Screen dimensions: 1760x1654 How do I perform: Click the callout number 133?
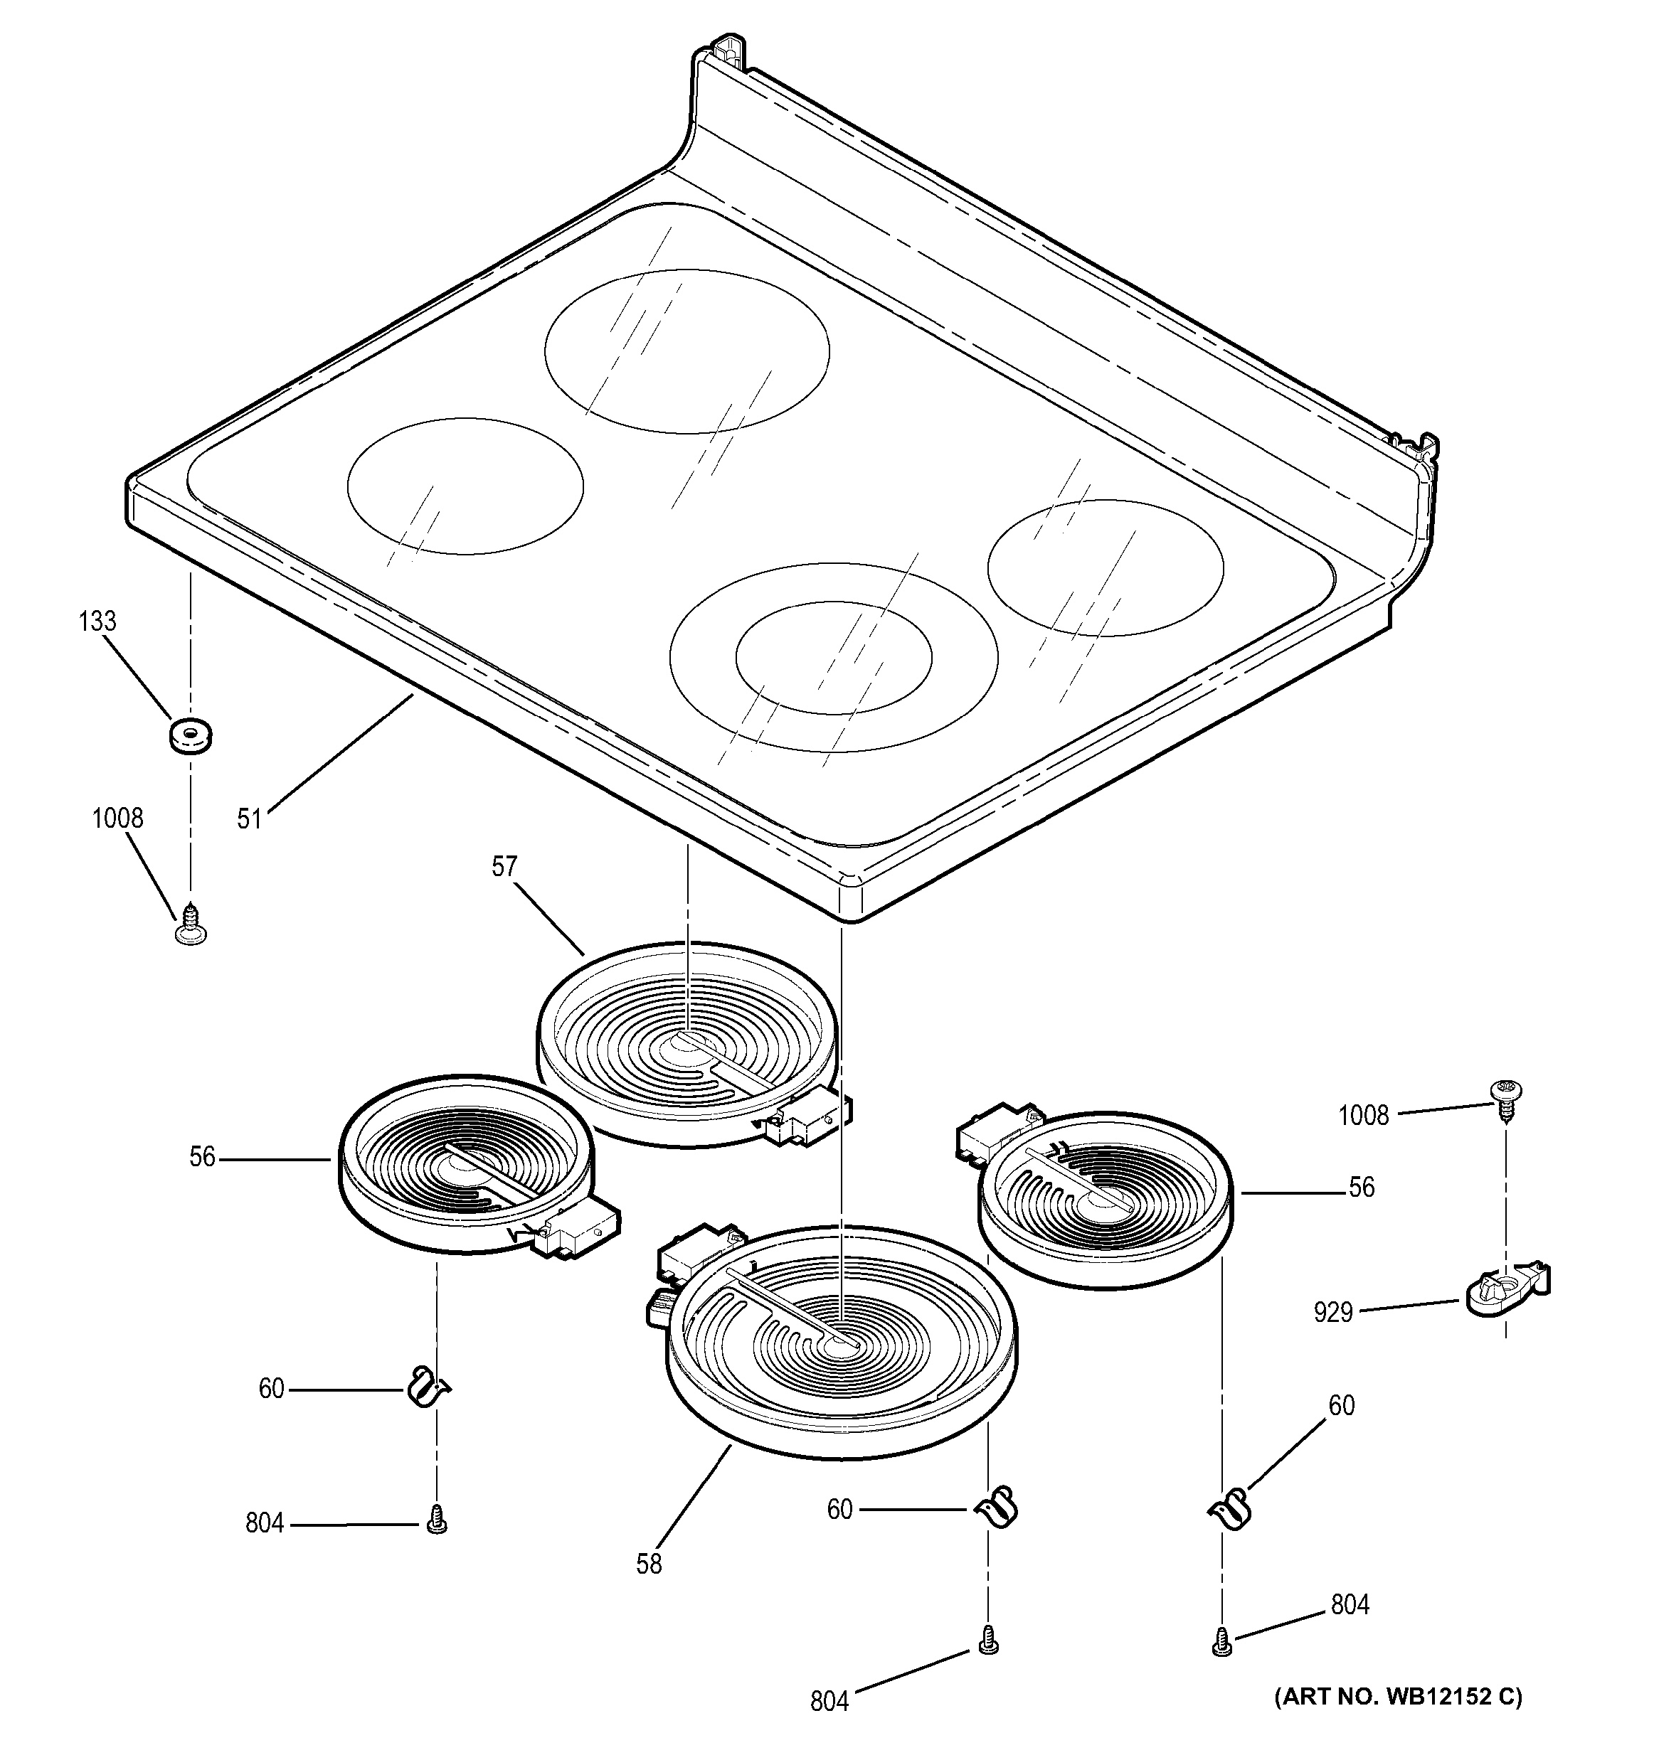[x=97, y=622]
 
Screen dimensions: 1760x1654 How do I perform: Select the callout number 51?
[x=250, y=819]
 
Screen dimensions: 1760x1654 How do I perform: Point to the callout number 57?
[x=504, y=866]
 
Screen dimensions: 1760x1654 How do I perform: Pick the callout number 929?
[x=1332, y=1311]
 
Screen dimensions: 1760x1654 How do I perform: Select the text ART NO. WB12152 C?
[x=1398, y=1697]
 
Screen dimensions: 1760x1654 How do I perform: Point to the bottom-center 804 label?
[x=829, y=1701]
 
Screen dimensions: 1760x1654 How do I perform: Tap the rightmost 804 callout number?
[x=1350, y=1604]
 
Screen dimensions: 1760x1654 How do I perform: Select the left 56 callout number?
[x=202, y=1157]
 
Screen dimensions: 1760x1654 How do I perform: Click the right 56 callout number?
[x=1361, y=1188]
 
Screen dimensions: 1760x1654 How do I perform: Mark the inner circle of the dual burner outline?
[x=833, y=657]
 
